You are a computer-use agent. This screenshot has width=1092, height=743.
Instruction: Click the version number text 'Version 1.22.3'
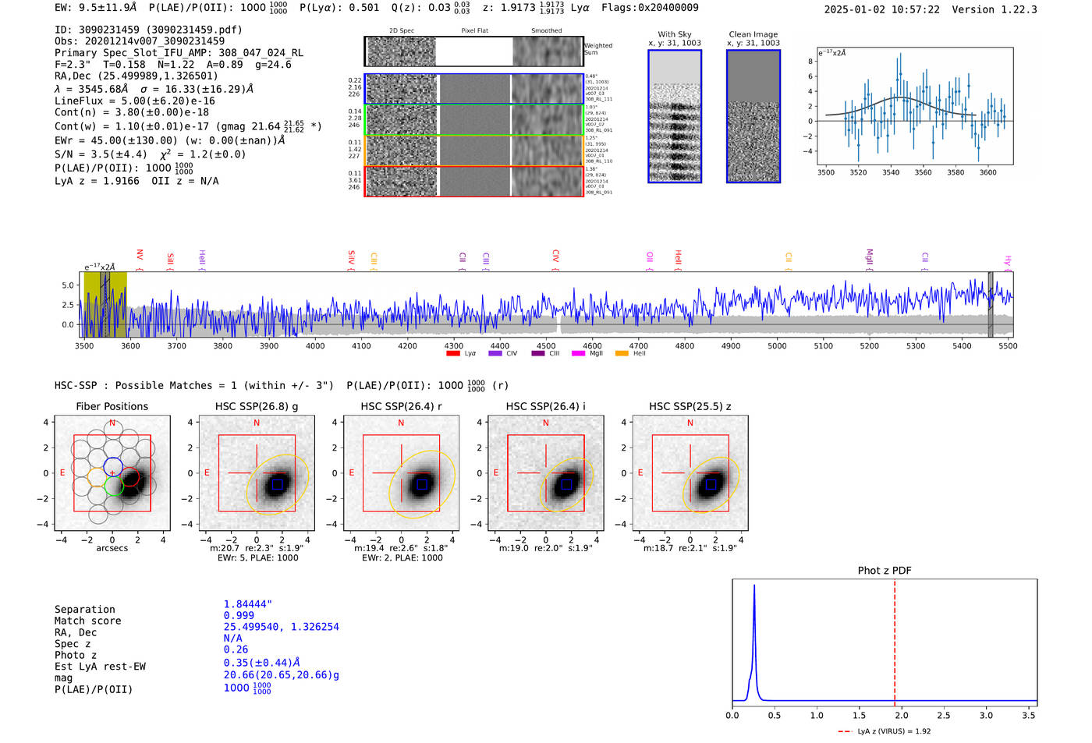click(994, 9)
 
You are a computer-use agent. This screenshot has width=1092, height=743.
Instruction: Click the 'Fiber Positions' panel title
click(112, 406)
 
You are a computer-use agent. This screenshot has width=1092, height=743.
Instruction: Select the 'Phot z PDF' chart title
click(885, 571)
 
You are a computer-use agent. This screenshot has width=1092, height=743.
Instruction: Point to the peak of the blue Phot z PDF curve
click(754, 586)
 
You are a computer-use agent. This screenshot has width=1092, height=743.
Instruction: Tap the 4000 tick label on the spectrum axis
click(315, 346)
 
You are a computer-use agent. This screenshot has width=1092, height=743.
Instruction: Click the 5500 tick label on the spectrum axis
click(1008, 346)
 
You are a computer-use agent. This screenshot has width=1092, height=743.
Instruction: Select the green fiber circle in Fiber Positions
click(114, 486)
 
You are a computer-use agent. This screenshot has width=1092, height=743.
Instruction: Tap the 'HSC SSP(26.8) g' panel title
click(256, 406)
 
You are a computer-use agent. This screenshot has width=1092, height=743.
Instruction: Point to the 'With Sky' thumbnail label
click(675, 34)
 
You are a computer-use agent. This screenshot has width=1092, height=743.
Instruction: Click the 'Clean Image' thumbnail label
click(753, 34)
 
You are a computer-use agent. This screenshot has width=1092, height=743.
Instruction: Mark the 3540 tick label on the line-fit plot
click(891, 172)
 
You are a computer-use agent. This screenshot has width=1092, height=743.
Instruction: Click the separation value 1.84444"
click(248, 604)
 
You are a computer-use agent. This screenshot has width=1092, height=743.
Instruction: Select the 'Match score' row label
click(87, 621)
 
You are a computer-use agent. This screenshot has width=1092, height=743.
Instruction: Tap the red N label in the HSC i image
click(546, 423)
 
